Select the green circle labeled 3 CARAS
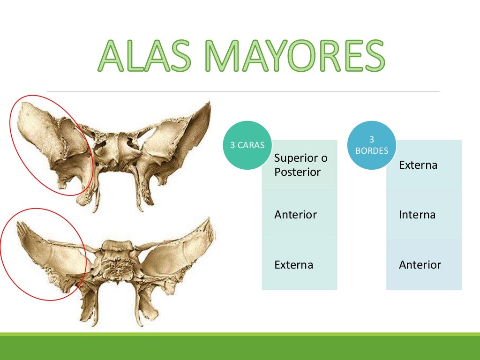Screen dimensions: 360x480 247,145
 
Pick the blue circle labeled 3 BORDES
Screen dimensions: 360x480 372,145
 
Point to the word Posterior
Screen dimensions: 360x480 297,172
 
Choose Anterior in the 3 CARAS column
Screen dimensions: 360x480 295,215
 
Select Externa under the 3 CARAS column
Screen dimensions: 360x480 293,265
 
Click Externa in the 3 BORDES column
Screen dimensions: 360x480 418,165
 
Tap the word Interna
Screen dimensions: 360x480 417,215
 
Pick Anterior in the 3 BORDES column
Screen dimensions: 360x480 420,265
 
